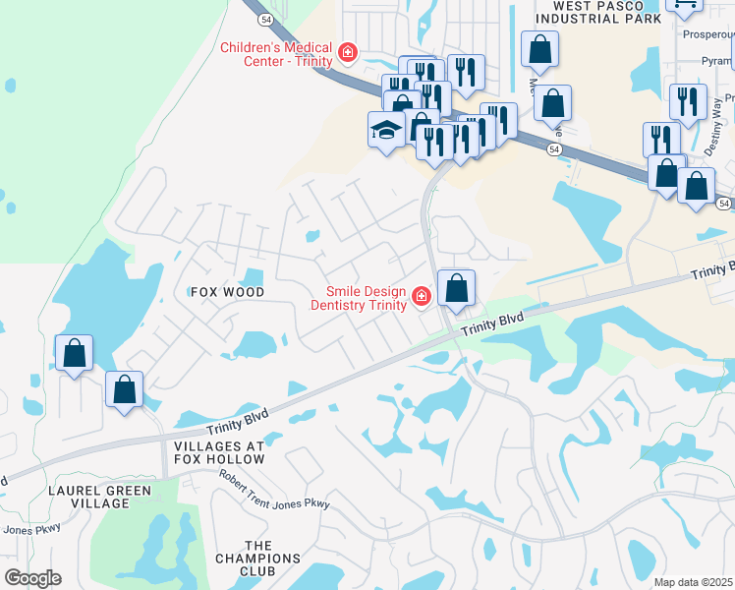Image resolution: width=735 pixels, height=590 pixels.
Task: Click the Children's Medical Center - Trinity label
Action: coord(275,53)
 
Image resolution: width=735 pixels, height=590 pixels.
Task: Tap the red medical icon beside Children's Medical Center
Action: coord(347,52)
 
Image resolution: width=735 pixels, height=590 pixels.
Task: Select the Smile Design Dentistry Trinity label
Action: coord(367,297)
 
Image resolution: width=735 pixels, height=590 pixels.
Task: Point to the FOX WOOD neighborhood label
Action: coord(227,292)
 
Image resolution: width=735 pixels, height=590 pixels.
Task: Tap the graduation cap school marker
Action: coord(386,129)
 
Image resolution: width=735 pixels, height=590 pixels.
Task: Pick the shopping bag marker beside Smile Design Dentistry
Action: coord(456,288)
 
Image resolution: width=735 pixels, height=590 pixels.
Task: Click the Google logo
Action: coord(32,577)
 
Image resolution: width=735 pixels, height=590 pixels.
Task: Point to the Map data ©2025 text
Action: coord(693,582)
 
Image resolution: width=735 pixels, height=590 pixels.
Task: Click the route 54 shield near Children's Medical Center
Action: coord(265,19)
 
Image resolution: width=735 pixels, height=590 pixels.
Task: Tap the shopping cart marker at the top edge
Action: coord(684,5)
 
